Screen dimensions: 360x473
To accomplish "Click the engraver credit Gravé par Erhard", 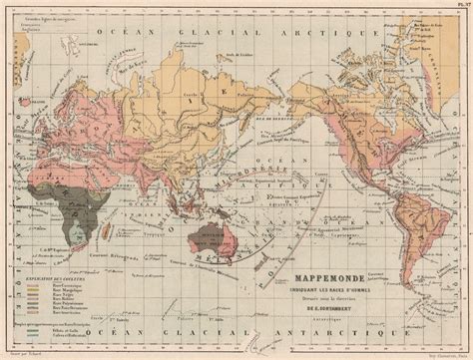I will [24, 353].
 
